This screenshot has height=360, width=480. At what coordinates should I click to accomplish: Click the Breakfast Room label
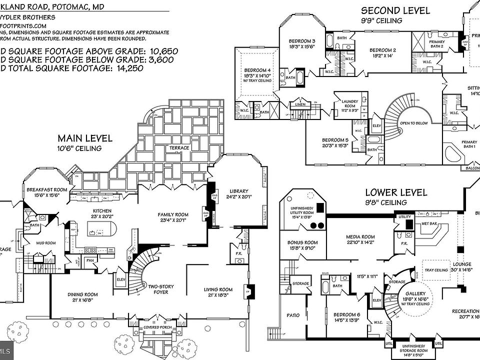click(47, 190)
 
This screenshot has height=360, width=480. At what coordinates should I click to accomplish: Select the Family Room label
click(172, 214)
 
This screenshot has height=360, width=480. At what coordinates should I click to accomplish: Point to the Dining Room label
click(83, 294)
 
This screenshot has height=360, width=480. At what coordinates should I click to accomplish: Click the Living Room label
click(218, 289)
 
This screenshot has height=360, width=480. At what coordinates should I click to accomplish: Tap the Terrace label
click(178, 148)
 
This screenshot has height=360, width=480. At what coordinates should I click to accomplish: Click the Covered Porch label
click(157, 327)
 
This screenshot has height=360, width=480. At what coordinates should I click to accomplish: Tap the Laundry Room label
click(350, 103)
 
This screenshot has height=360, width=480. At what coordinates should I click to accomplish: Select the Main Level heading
click(85, 138)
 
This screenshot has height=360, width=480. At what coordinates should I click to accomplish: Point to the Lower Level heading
click(396, 192)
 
